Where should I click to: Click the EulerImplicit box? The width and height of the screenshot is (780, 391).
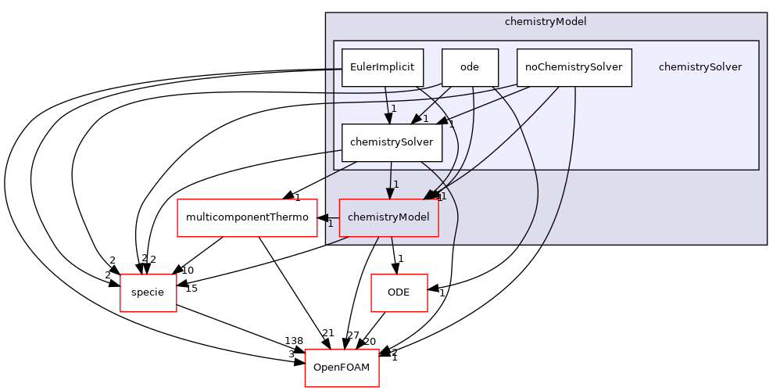click(382, 67)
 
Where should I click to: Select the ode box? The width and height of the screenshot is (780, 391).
click(470, 67)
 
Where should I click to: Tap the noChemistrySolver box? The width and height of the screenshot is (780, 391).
click(574, 67)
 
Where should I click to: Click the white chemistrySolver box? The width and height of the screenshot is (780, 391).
click(392, 142)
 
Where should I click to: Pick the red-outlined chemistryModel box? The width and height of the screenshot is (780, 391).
click(388, 217)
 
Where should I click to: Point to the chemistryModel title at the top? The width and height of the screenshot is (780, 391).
click(546, 22)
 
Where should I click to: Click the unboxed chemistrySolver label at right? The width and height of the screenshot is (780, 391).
click(699, 67)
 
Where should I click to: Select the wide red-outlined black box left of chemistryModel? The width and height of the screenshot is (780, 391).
click(247, 218)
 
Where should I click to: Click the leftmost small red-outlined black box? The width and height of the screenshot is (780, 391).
click(148, 293)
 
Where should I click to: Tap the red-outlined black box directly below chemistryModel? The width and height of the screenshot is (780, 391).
click(399, 293)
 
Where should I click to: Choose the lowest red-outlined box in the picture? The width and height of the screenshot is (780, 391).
click(342, 368)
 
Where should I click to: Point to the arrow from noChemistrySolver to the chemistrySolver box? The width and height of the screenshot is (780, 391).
click(485, 106)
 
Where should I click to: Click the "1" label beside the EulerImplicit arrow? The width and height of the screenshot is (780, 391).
click(394, 109)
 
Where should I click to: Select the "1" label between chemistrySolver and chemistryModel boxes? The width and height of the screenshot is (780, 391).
click(396, 185)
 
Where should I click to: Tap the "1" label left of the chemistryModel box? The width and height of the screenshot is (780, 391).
click(331, 224)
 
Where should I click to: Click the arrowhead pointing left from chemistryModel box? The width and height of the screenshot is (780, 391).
click(323, 217)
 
